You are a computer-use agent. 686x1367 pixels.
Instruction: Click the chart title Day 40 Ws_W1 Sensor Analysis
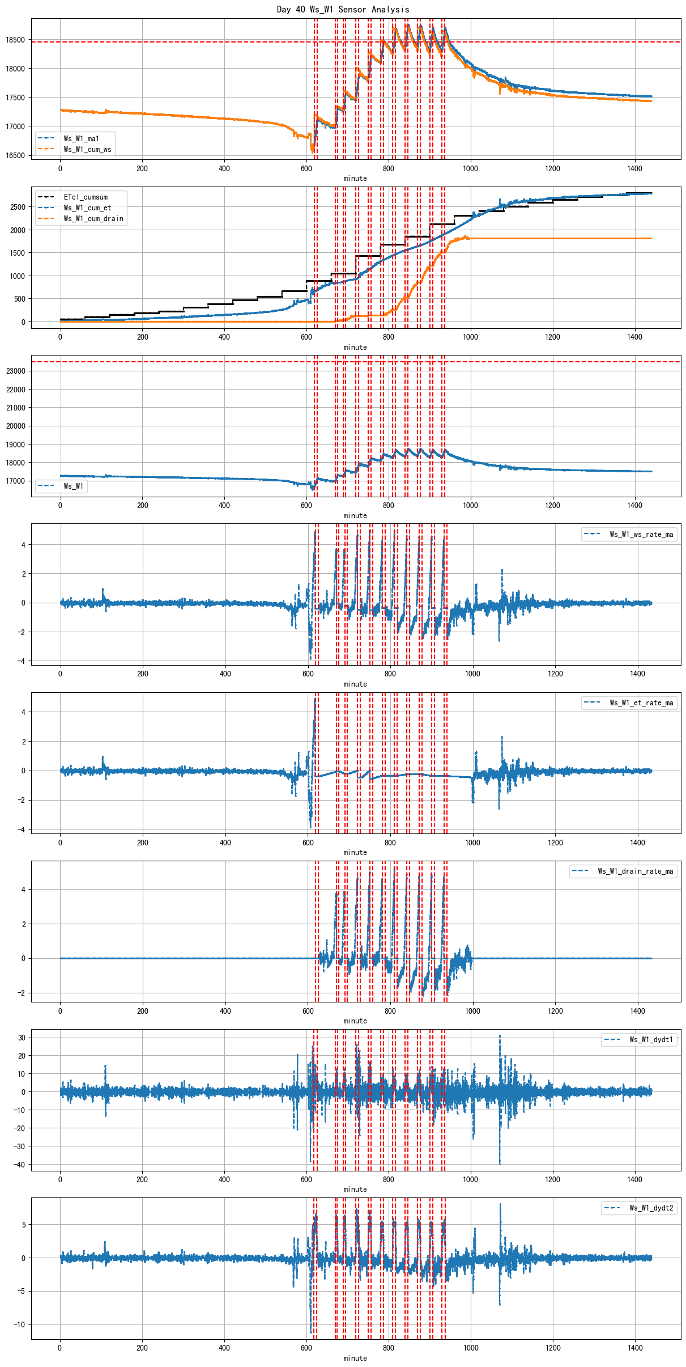tap(343, 9)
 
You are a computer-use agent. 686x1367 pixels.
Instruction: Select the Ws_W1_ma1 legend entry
tap(81, 138)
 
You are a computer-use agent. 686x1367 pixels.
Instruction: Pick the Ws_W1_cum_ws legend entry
tap(87, 149)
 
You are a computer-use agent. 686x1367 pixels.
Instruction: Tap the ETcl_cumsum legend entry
tap(85, 197)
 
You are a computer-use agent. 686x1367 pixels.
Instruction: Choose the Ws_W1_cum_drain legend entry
tap(93, 219)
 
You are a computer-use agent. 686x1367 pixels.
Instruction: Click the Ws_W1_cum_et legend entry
tap(87, 208)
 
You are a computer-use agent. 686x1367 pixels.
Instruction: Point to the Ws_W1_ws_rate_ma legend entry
tap(641, 534)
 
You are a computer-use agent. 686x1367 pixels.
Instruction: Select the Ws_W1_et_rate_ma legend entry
tap(641, 702)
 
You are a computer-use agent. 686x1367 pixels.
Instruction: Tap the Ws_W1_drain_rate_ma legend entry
tap(635, 871)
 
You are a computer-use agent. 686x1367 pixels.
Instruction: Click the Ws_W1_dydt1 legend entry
tap(651, 1039)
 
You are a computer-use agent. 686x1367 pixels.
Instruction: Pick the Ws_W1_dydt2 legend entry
tap(651, 1208)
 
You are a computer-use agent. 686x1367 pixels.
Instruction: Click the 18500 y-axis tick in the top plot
tap(15, 40)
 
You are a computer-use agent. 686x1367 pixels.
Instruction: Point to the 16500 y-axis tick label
tap(15, 155)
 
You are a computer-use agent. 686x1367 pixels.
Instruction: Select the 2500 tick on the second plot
tap(18, 207)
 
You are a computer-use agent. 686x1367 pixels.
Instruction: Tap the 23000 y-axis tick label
tap(15, 371)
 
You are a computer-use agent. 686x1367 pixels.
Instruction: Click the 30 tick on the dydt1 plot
tap(22, 1038)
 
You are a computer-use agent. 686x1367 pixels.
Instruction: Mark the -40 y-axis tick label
tap(19, 1165)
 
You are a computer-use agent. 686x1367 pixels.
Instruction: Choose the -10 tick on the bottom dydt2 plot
tap(19, 1324)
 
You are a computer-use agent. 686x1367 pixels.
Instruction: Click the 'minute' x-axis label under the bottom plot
tap(355, 1358)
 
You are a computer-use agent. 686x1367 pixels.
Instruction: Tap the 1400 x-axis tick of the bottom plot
tap(635, 1348)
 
